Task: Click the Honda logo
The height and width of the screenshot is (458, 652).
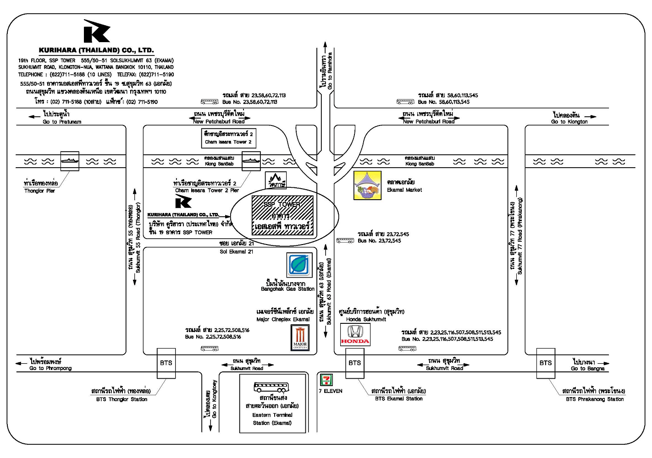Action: point(355,334)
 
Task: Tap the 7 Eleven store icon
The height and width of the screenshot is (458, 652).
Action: point(326,380)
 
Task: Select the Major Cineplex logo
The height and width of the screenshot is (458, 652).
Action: point(300,338)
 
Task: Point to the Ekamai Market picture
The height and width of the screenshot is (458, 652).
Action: point(367,185)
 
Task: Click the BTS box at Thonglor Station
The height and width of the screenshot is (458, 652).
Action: point(166,363)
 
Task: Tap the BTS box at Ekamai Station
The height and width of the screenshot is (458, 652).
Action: point(354,363)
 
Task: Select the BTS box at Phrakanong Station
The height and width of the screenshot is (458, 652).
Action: point(546,363)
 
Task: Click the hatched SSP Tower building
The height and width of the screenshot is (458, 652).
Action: point(282,215)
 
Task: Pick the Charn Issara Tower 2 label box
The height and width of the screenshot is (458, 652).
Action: point(228,138)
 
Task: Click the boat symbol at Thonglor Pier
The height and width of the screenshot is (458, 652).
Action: point(70,161)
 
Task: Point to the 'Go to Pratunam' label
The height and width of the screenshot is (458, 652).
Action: point(62,122)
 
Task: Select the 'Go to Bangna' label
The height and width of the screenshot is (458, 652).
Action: point(587,368)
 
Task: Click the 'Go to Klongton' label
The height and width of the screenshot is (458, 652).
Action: point(569,122)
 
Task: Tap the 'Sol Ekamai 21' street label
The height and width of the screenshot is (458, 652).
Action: point(236,251)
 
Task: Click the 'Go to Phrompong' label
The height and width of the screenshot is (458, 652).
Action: point(50,368)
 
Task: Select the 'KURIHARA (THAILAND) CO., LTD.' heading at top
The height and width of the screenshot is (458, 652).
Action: point(96,50)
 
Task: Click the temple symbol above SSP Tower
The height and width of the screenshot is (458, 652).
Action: point(276,180)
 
